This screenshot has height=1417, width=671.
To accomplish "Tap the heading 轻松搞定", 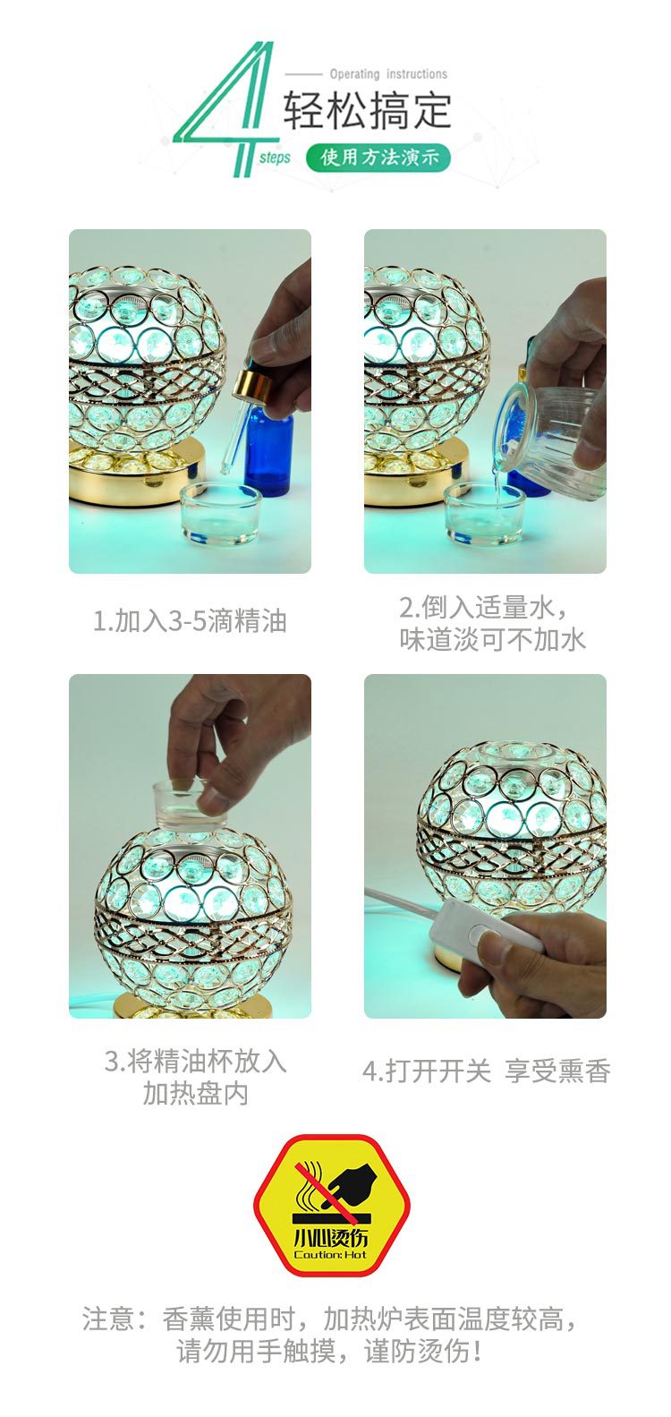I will [367, 110].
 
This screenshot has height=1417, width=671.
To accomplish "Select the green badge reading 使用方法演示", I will [378, 158].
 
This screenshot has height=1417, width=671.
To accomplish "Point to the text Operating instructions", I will [387, 74].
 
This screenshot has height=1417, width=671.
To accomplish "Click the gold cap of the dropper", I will [253, 387].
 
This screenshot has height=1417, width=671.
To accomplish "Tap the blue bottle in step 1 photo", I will [269, 452].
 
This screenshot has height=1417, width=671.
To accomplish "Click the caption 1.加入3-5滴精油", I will [190, 620].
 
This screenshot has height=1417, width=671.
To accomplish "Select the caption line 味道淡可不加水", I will [492, 639].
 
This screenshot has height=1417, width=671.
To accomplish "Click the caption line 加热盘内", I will [195, 1093].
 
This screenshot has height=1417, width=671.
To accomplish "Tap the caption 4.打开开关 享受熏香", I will [486, 1071].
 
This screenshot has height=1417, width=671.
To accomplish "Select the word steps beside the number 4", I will [276, 158].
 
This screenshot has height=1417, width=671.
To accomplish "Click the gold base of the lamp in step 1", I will [134, 470].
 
